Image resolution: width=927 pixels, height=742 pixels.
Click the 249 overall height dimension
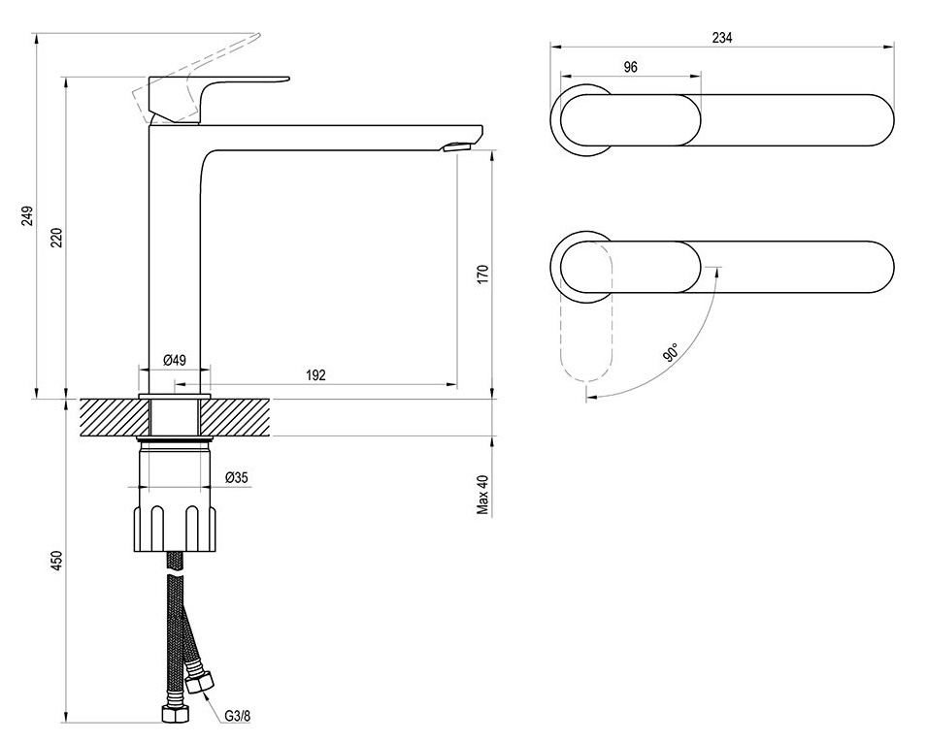coord(27,216)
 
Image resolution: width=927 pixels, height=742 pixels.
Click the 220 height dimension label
coord(56,237)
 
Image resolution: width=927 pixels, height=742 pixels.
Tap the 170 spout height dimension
coord(483,274)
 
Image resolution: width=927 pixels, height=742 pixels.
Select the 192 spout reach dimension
coord(315,375)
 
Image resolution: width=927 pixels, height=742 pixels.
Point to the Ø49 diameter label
coord(175,360)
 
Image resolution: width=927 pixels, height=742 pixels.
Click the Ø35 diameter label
coord(237,477)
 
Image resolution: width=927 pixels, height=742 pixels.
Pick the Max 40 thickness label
coord(483,495)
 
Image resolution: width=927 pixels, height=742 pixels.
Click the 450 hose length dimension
coord(56,561)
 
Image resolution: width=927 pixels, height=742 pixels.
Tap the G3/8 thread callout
coord(238,716)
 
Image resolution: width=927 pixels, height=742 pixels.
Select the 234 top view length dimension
coord(722,38)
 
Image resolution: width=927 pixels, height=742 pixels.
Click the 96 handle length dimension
coord(630,67)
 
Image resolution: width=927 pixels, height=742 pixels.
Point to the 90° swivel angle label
coord(671,353)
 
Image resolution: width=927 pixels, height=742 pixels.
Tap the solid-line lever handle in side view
coord(207,97)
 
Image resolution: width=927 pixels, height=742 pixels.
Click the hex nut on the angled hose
coord(199,684)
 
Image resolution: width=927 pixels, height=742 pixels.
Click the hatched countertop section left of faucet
coord(114,418)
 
